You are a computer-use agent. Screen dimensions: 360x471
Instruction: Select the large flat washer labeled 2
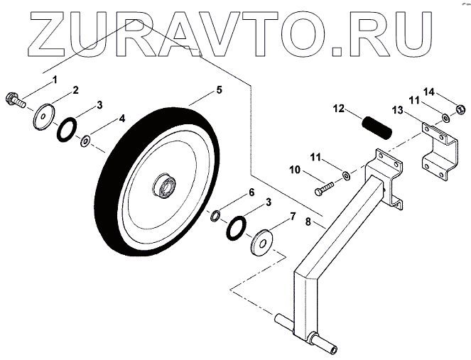pyautogui.click(x=45, y=116)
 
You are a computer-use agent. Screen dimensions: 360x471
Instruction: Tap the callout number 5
pyautogui.click(x=219, y=90)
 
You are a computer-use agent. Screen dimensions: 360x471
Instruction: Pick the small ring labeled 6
pyautogui.click(x=215, y=214)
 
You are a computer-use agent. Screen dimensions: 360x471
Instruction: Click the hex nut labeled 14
pyautogui.click(x=458, y=110)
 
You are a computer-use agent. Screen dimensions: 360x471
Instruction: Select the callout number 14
pyautogui.click(x=448, y=92)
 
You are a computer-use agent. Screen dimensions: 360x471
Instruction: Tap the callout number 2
pyautogui.click(x=75, y=90)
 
